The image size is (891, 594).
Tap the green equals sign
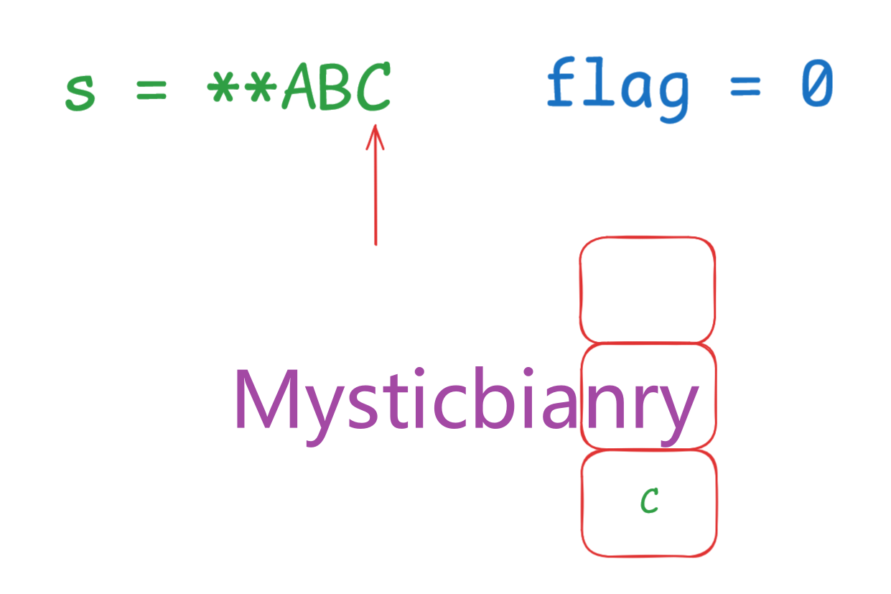coord(151,91)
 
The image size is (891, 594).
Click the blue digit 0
coord(816,85)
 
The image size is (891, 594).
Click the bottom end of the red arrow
coord(375,243)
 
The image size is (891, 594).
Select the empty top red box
coord(647,289)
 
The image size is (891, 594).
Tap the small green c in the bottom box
coord(650,501)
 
